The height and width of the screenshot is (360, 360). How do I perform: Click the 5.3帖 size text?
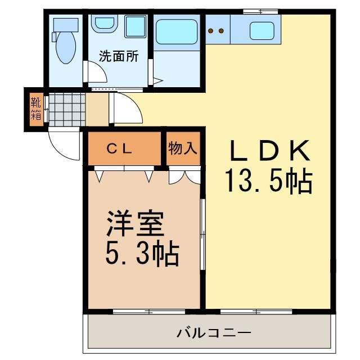point(142,254)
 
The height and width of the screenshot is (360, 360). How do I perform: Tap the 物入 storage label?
point(183,148)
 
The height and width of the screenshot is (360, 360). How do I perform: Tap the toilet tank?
point(66,24)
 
